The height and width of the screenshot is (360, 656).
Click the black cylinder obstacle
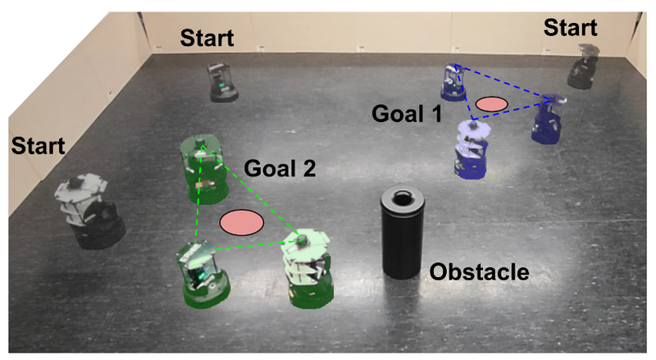tap(403, 238)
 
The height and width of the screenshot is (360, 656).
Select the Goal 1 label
tap(408, 113)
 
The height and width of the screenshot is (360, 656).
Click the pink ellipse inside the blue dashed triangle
tap(492, 103)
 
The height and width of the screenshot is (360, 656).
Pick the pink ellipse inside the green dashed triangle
tap(241, 221)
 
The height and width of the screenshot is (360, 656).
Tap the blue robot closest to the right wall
tap(548, 119)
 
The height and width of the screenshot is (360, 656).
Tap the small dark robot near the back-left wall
tap(222, 81)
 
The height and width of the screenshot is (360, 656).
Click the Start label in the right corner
tap(571, 30)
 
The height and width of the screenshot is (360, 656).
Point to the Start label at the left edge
tap(38, 147)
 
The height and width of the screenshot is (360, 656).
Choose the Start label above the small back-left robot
tap(207, 37)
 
